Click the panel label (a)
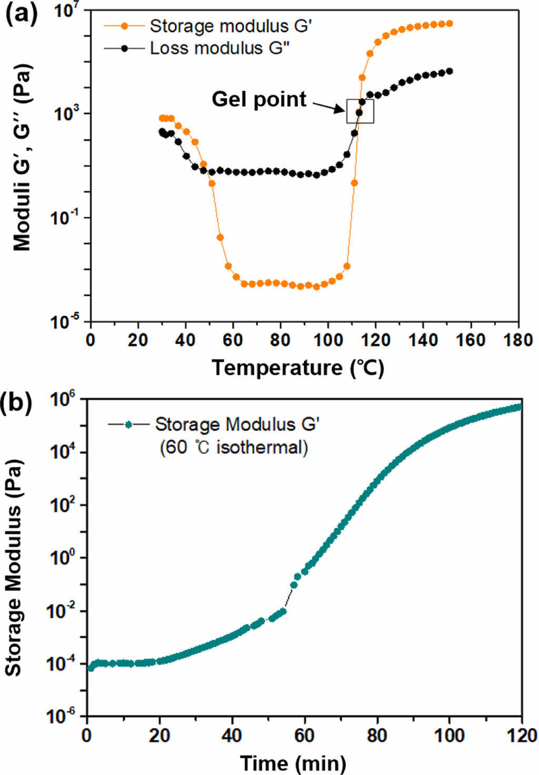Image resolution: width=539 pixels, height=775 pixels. click(21, 15)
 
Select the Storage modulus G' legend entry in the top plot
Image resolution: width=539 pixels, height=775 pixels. click(231, 26)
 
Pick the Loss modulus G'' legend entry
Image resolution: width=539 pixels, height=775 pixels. click(219, 48)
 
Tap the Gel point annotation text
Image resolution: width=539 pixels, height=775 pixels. click(258, 99)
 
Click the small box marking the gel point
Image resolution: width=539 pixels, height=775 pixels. click(360, 111)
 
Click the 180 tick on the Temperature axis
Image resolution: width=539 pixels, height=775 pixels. click(518, 340)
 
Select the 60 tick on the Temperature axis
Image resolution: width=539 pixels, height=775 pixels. click(233, 340)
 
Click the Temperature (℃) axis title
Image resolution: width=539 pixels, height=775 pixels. click(297, 367)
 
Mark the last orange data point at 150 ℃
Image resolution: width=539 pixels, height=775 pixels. click(449, 24)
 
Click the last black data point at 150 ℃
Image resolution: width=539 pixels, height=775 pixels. click(449, 72)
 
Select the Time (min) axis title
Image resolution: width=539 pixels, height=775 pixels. click(293, 762)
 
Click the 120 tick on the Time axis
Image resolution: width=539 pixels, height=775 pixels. click(521, 735)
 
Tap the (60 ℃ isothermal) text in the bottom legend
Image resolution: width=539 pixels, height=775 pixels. click(234, 448)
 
